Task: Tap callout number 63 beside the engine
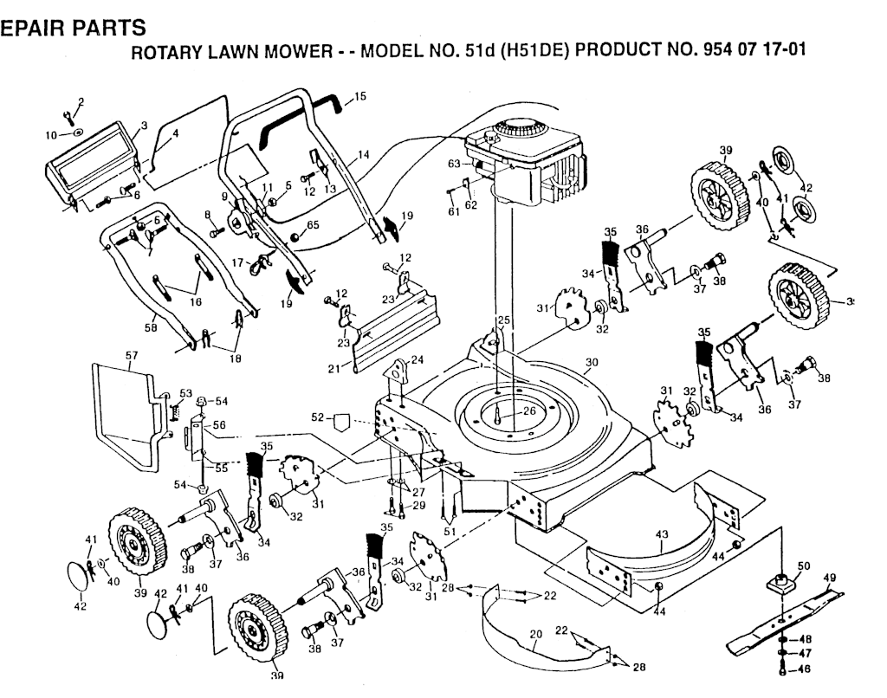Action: click(x=453, y=162)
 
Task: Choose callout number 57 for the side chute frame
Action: click(x=132, y=355)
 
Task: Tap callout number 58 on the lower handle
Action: click(x=152, y=328)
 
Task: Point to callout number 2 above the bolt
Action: click(x=81, y=102)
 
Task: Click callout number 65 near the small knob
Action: click(x=313, y=225)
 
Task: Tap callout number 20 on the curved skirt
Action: click(x=536, y=635)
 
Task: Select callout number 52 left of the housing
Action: click(x=318, y=417)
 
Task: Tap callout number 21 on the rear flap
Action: click(x=334, y=370)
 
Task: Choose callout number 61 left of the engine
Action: click(x=453, y=211)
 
